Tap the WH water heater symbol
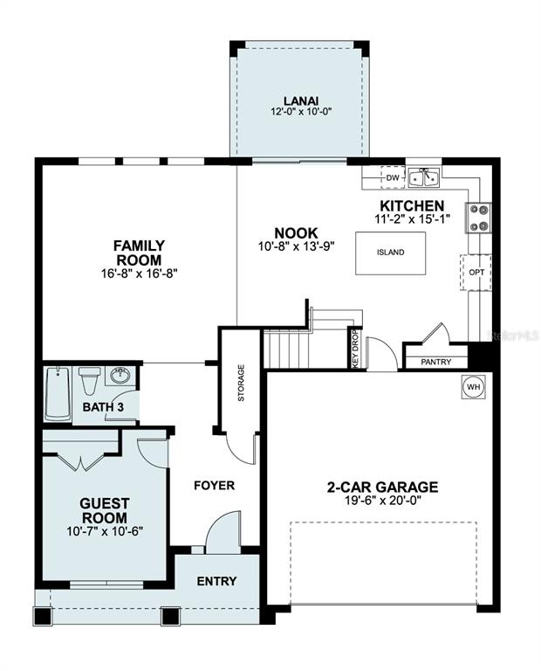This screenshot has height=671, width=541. [x=472, y=387]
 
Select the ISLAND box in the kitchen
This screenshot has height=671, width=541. [x=390, y=252]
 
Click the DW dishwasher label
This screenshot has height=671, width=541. [x=393, y=177]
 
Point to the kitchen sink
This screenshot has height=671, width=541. [x=425, y=177]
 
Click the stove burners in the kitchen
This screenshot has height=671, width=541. [x=479, y=217]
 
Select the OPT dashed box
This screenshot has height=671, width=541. [x=476, y=272]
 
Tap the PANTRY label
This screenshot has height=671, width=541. [x=435, y=361]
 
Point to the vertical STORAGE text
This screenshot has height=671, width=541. [x=241, y=383]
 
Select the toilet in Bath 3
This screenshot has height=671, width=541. [x=89, y=382]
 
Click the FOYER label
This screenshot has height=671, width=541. [x=214, y=485]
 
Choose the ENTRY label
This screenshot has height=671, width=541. [x=216, y=581]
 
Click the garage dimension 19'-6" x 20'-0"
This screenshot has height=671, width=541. [x=382, y=502]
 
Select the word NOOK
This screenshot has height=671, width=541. [x=296, y=233]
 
